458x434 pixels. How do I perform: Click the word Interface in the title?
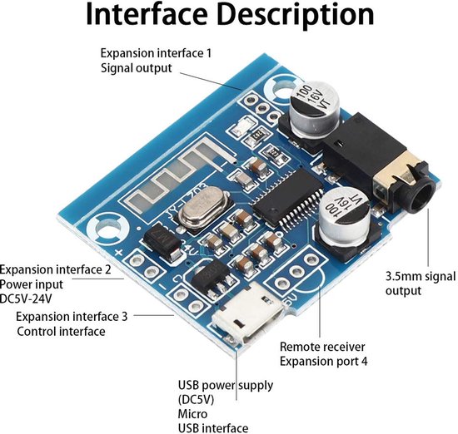tap(147, 15)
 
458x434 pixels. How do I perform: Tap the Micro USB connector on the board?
tap(248, 314)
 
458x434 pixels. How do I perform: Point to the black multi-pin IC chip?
tap(288, 199)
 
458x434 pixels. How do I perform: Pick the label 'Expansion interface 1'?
tap(156, 53)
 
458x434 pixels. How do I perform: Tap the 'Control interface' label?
tap(61, 332)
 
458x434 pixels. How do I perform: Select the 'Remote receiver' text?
tap(322, 347)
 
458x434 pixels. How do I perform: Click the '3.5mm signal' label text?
tap(421, 276)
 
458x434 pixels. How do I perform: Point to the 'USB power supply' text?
tap(226, 385)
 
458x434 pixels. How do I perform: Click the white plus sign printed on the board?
tap(119, 252)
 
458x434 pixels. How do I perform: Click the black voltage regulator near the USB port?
tap(212, 277)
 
